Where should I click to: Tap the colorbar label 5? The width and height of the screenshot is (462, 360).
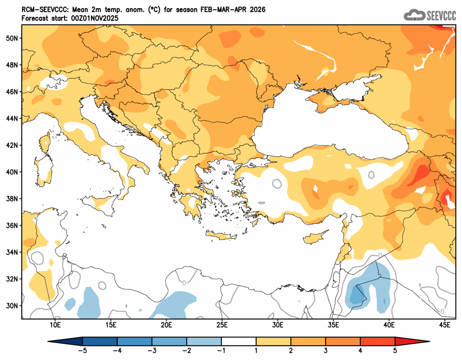(x=395, y=350)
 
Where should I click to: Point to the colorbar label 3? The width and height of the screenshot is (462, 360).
(x=326, y=350)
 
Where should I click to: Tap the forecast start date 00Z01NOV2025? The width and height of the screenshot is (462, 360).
(x=92, y=18)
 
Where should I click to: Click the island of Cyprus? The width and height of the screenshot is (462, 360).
(x=315, y=237)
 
